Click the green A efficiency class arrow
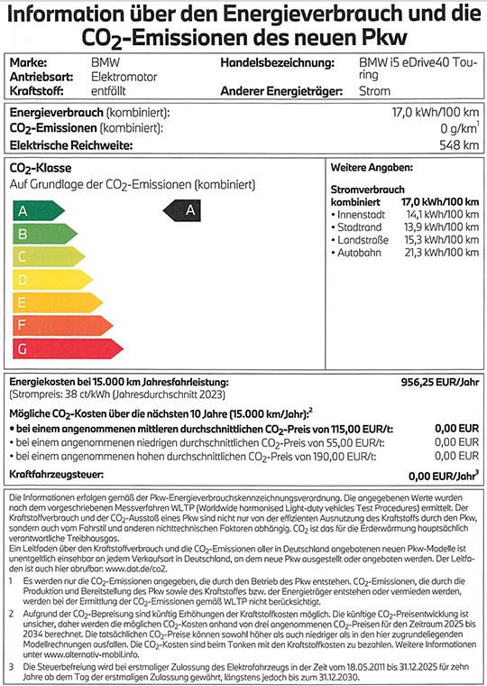click(34, 210)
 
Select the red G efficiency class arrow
click(52, 348)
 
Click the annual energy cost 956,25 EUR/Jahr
click(439, 383)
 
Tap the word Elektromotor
click(125, 78)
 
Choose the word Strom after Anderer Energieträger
click(375, 90)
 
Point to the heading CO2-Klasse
click(40, 169)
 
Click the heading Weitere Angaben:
click(372, 169)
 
